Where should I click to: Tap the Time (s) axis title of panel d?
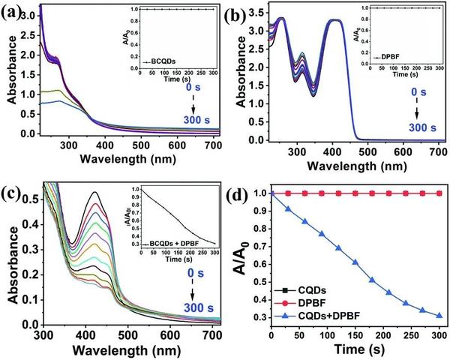click(355, 349)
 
